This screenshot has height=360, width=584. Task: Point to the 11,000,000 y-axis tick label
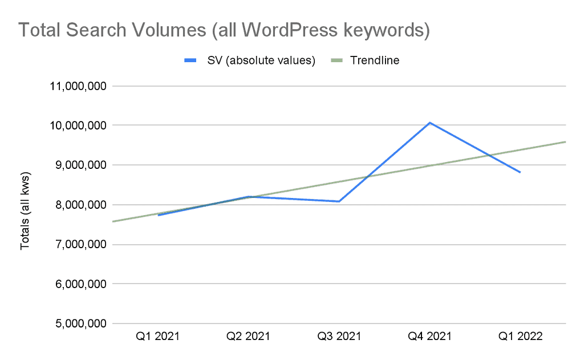pos(77,87)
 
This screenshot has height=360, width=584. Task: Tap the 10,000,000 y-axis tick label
pos(77,126)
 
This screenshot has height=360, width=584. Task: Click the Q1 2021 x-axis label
pos(158,337)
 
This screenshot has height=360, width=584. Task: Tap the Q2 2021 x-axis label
pos(249,337)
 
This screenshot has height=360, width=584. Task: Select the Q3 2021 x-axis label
pos(339,337)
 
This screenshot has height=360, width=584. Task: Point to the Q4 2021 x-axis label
pos(430,337)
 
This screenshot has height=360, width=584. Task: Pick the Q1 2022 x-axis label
pos(520,337)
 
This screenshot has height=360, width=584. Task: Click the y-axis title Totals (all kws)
pos(26,205)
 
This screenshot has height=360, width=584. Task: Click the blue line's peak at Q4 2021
pos(430,123)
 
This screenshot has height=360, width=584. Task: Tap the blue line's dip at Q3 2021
pos(339,201)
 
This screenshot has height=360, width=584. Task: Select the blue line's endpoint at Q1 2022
pos(520,172)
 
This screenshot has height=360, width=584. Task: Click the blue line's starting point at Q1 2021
pos(158,215)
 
